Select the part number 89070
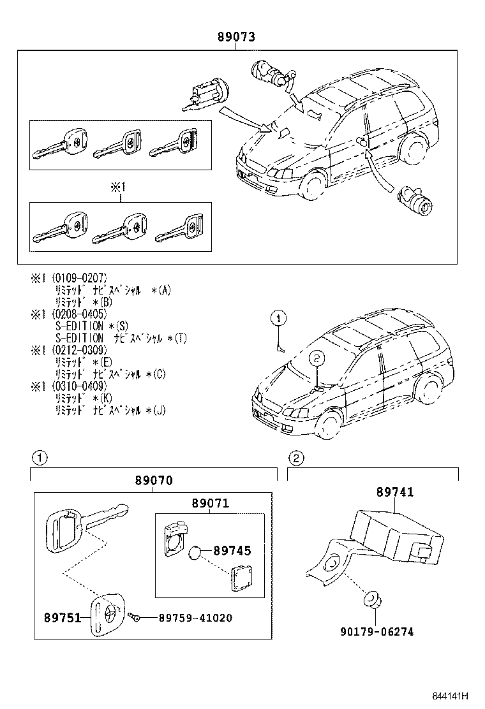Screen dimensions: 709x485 [153, 481]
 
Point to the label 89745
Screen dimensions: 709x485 [232, 550]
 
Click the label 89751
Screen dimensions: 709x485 [62, 618]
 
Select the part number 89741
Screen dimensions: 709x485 [394, 492]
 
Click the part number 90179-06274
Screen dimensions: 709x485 [377, 632]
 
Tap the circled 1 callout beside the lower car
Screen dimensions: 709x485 [279, 317]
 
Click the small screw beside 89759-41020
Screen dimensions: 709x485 [133, 617]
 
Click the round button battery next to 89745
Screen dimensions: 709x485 [197, 552]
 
